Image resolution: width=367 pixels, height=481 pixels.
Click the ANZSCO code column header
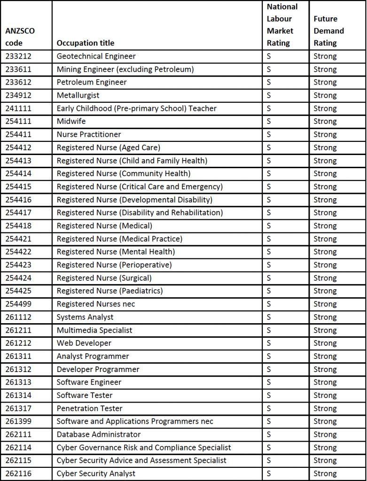(20, 37)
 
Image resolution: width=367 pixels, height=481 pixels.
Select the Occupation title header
(85, 43)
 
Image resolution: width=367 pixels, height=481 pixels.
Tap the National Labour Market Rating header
(282, 25)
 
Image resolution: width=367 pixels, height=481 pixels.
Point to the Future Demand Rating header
(328, 31)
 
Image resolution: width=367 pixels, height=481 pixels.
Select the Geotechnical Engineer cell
(96, 56)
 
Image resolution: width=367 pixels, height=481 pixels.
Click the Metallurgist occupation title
(78, 95)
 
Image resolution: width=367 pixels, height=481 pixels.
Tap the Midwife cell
(71, 121)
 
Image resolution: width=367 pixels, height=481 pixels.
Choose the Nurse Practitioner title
(89, 134)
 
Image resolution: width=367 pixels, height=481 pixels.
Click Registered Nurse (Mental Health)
(116, 252)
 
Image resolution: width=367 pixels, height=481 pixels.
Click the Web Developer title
(84, 343)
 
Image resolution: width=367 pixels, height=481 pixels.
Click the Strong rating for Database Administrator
(325, 434)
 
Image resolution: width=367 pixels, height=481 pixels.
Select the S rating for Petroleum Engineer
(269, 82)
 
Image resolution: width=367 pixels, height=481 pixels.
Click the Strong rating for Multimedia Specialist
(325, 330)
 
